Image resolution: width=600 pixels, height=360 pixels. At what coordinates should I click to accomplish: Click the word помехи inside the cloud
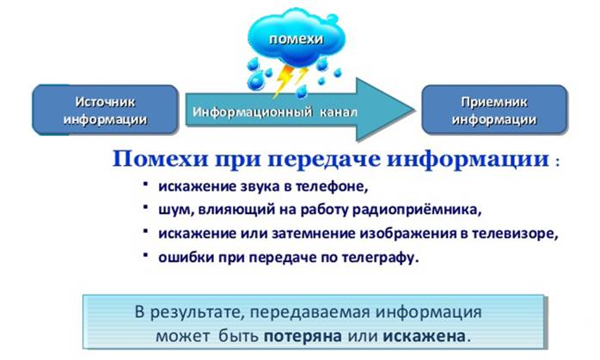coord(297,39)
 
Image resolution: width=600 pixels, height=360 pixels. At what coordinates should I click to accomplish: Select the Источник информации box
coord(105,110)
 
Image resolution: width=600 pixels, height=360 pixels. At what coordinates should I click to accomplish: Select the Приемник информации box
coord(494,110)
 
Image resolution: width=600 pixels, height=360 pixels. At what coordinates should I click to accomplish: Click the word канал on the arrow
coord(339,112)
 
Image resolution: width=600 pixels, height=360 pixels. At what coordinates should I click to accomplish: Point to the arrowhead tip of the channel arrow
coord(415,110)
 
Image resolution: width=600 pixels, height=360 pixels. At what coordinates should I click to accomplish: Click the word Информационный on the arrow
coord(253,112)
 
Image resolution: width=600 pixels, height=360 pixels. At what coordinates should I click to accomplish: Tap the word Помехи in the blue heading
coord(161,159)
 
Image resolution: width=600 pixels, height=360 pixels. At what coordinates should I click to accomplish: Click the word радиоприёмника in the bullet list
coord(416,210)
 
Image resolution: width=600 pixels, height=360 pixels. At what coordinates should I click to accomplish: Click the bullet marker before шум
coord(145,207)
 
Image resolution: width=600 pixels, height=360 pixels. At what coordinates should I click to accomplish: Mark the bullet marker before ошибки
coord(145,254)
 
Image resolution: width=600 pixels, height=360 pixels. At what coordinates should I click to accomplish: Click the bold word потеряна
coord(303,337)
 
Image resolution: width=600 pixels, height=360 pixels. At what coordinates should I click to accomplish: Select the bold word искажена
coord(425,337)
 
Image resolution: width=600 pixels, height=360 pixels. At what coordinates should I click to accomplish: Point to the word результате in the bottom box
coord(196,313)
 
